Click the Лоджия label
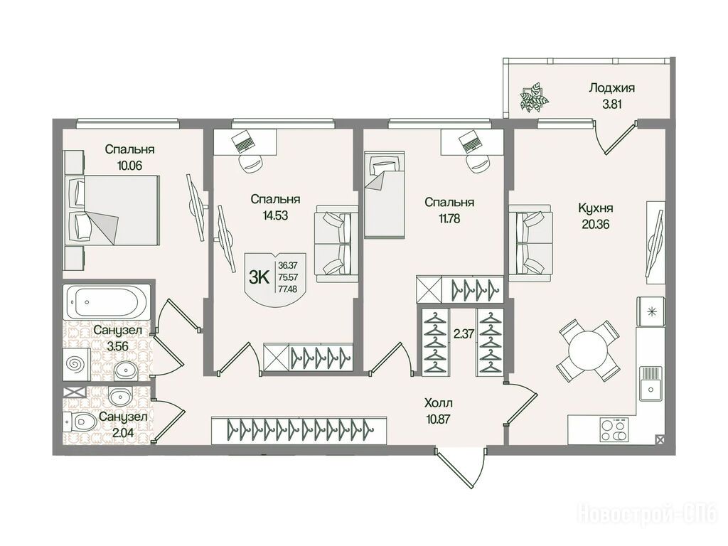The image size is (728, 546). click(x=611, y=88)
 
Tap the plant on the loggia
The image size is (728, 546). click(x=534, y=97)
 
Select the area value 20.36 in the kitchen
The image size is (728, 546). click(x=595, y=224)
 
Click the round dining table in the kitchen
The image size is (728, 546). click(x=589, y=350)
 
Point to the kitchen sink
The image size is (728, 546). click(x=651, y=383)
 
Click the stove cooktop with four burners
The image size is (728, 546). click(x=614, y=429)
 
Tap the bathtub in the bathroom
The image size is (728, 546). click(x=107, y=302)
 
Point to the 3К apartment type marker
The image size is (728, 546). click(x=259, y=278)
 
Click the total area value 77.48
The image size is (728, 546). click(x=287, y=289)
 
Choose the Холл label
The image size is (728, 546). click(x=438, y=403)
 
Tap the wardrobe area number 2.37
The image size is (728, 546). click(x=464, y=333)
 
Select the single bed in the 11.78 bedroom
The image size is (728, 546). click(x=385, y=195)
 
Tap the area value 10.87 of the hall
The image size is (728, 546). click(x=439, y=419)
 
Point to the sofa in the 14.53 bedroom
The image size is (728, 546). click(x=336, y=244)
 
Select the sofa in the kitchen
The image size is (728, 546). click(x=530, y=243)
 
